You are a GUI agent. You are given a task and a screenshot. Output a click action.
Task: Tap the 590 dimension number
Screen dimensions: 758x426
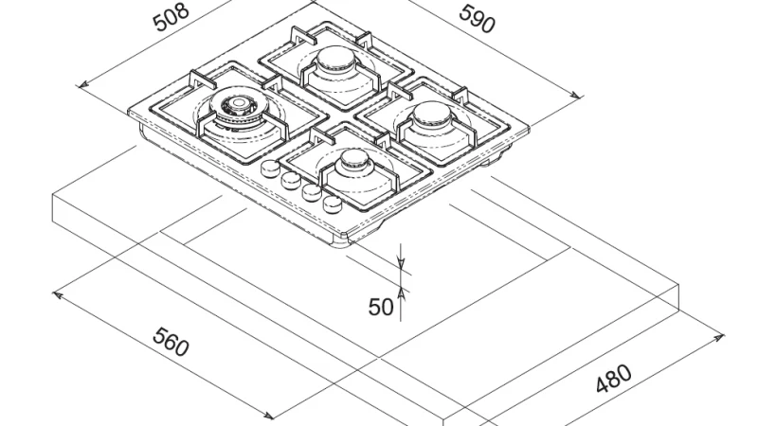477,19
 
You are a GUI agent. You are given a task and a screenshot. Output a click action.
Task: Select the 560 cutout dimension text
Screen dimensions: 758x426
171,342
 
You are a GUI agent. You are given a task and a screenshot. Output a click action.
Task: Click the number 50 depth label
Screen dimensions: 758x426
381,307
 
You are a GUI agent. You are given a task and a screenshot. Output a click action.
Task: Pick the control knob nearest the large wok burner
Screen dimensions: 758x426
270,168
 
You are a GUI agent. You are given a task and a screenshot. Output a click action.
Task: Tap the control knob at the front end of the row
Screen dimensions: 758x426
333,204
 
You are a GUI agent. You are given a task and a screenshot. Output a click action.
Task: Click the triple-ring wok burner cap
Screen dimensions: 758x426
239,103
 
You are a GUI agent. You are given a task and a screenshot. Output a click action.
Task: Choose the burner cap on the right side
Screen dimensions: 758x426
433,114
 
